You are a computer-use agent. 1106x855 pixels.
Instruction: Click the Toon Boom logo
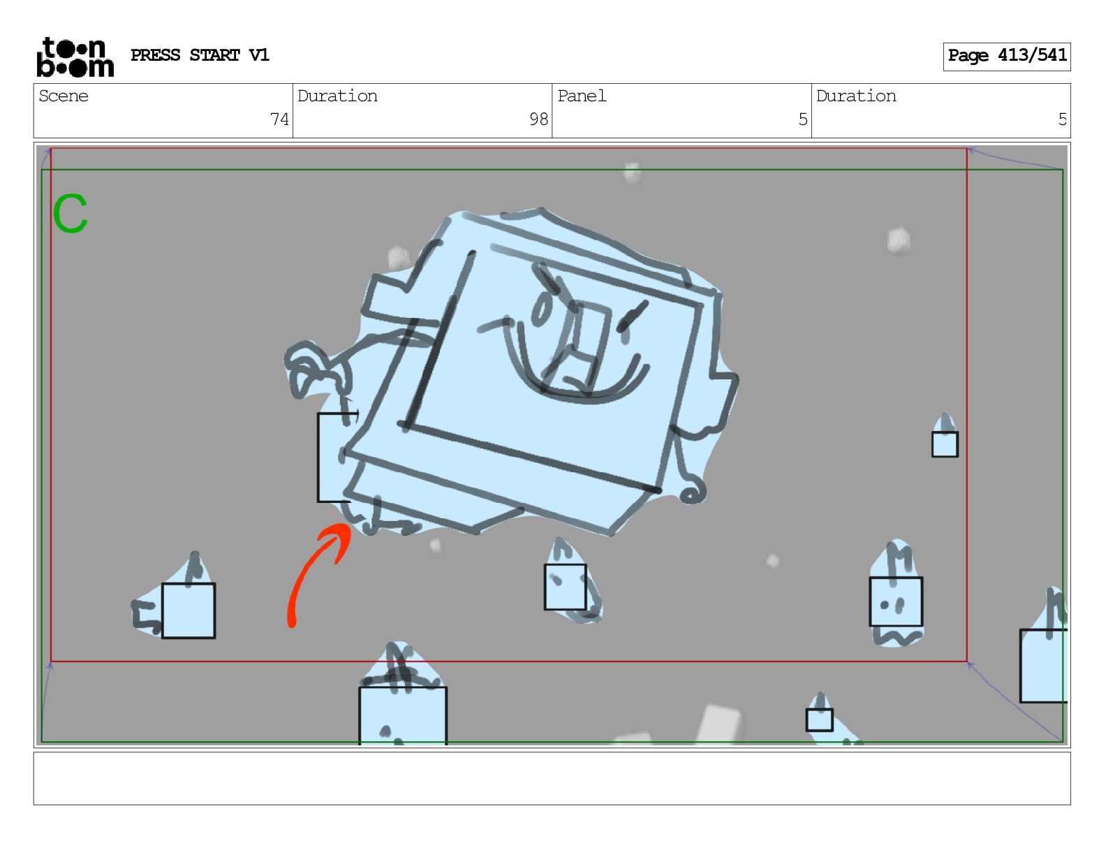click(x=75, y=57)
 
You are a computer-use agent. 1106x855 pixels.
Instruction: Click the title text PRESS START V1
click(x=200, y=55)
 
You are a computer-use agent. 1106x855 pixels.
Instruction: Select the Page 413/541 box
click(x=1006, y=57)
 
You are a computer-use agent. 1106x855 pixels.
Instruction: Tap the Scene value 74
click(x=279, y=119)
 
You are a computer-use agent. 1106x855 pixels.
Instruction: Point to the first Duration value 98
click(x=538, y=119)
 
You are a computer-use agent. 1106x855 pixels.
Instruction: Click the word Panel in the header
click(x=582, y=96)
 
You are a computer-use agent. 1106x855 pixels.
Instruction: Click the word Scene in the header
click(x=64, y=96)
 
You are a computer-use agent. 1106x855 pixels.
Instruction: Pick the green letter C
click(x=71, y=213)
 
